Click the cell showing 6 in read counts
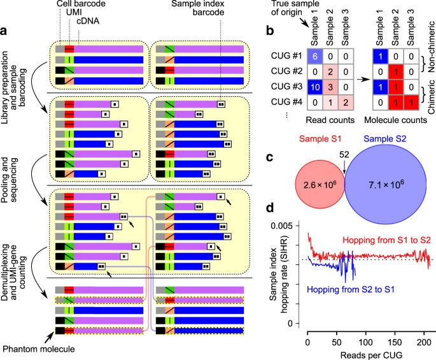click(x=315, y=56)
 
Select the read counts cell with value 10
click(x=315, y=87)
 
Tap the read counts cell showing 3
click(x=330, y=87)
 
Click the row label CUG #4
click(x=286, y=102)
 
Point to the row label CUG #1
click(x=286, y=55)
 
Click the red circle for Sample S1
click(x=320, y=184)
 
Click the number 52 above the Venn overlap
click(x=344, y=154)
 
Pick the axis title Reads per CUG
click(x=371, y=355)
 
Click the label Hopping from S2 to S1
click(x=351, y=289)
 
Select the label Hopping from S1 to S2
click(x=386, y=240)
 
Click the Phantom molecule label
click(x=39, y=349)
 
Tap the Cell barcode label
click(x=81, y=4)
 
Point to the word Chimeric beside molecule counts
click(x=432, y=97)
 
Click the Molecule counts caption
click(x=396, y=120)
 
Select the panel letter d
click(x=270, y=208)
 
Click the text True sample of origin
click(x=295, y=8)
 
